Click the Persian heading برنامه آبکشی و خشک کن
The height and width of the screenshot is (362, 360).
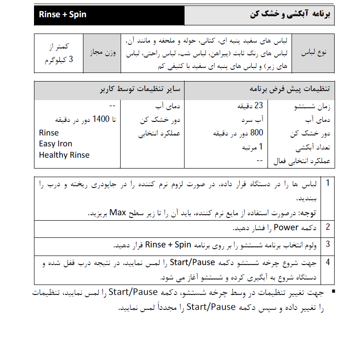pos(291,14)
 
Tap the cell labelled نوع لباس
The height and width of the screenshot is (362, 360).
pos(317,53)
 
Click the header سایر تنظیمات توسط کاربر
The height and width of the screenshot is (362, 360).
pos(140,89)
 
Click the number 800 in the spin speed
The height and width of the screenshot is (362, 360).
pos(257,133)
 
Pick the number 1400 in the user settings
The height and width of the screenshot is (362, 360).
pos(101,120)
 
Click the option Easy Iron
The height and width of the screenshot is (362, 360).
pos(55,144)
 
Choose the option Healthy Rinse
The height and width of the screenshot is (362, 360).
pos(64,155)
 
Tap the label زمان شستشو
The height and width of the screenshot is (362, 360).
pos(312,107)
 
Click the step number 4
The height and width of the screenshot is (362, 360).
pos(327,263)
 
